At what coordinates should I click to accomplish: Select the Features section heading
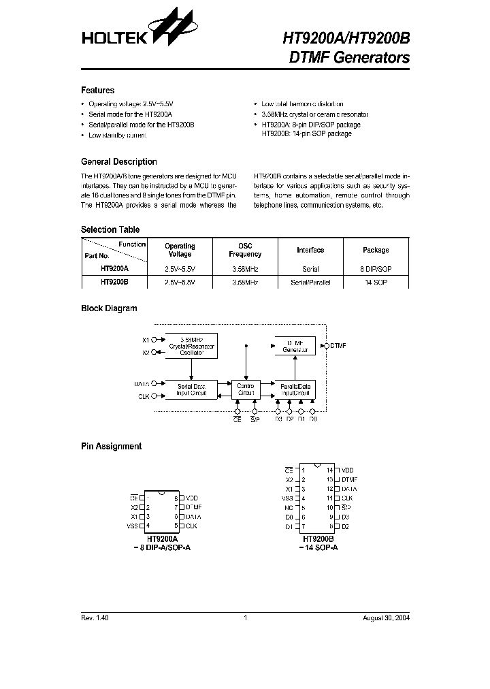97,91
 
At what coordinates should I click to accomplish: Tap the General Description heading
118,162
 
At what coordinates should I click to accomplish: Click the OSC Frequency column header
245,250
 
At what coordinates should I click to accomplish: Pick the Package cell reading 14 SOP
376,282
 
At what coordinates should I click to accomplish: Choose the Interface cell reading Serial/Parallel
310,282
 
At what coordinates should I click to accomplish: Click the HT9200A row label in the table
114,269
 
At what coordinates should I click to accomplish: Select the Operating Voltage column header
180,250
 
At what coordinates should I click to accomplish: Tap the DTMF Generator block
295,345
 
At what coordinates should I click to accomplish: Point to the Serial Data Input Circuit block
191,389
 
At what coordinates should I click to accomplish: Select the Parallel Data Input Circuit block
295,389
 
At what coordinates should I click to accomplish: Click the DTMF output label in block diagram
338,346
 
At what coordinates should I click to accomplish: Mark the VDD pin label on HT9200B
347,470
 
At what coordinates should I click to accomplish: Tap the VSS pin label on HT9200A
132,526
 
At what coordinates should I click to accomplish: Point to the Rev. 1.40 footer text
95,618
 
